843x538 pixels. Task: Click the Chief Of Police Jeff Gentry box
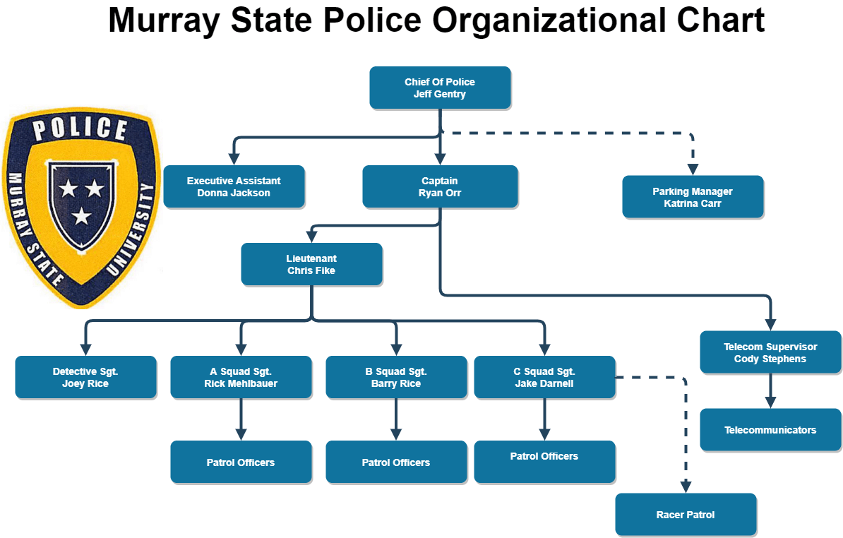[440, 88]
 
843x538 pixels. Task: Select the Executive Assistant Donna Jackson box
[234, 186]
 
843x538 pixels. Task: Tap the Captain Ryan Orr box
[440, 186]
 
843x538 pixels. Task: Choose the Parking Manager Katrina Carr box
[692, 197]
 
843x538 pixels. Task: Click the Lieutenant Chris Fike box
[311, 264]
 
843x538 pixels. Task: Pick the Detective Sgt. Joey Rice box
[85, 377]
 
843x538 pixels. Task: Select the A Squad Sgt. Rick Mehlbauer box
[241, 377]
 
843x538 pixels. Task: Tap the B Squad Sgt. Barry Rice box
[396, 377]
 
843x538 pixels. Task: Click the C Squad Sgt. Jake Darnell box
[544, 377]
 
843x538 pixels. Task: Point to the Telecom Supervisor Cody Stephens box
[770, 352]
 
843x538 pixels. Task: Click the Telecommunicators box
[770, 430]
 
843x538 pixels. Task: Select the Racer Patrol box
[686, 515]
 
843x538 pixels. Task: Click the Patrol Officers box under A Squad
[241, 462]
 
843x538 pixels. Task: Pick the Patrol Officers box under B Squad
[396, 462]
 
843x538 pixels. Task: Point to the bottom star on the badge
[82, 215]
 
